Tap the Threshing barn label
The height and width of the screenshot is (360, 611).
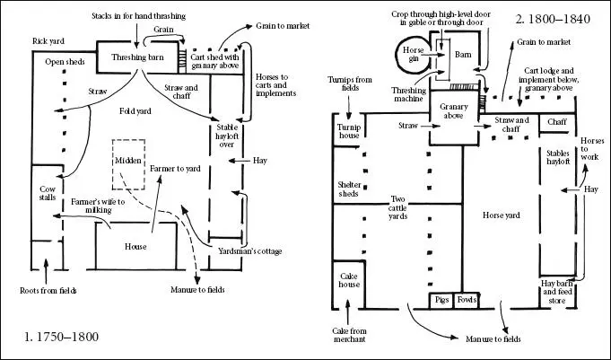(137, 57)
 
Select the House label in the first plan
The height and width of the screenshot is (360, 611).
(135, 247)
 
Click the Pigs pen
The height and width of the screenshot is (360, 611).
(441, 301)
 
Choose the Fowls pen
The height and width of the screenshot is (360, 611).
(467, 301)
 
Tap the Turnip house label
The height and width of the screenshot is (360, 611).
(349, 131)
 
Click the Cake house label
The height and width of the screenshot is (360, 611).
(348, 280)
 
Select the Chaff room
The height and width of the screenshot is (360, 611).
(557, 122)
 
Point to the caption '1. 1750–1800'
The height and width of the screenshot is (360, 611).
(62, 337)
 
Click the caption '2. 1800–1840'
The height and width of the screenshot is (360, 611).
(553, 19)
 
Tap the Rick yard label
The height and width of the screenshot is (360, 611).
(48, 41)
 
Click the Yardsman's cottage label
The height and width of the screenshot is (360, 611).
(249, 251)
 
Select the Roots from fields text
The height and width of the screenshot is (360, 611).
(48, 291)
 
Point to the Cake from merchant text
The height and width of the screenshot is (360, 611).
(349, 335)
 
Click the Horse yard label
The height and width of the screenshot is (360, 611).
(502, 215)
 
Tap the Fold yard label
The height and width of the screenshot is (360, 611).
(135, 111)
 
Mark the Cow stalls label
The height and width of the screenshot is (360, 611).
(48, 193)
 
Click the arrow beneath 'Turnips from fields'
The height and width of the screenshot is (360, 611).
(349, 107)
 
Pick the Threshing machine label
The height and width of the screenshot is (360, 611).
(408, 95)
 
